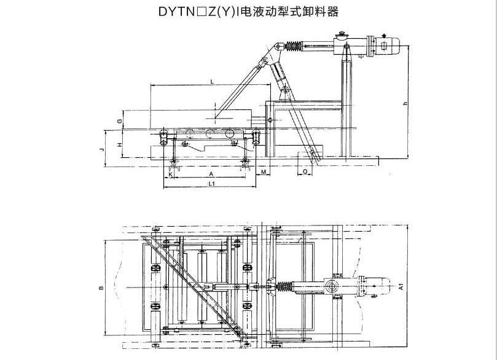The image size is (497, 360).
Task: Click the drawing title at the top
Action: point(248,12)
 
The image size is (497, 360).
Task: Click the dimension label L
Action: point(211,81)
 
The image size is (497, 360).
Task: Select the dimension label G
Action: point(119,121)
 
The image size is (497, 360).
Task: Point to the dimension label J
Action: point(102,149)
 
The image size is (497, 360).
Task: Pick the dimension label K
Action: point(170,174)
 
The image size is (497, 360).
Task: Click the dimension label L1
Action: point(211,183)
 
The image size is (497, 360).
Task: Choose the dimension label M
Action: point(263,174)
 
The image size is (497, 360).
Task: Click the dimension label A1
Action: point(400,286)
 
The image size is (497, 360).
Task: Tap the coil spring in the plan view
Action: point(284,286)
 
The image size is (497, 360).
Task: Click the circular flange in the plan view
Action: point(332,286)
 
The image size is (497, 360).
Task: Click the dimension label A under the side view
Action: point(211,174)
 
